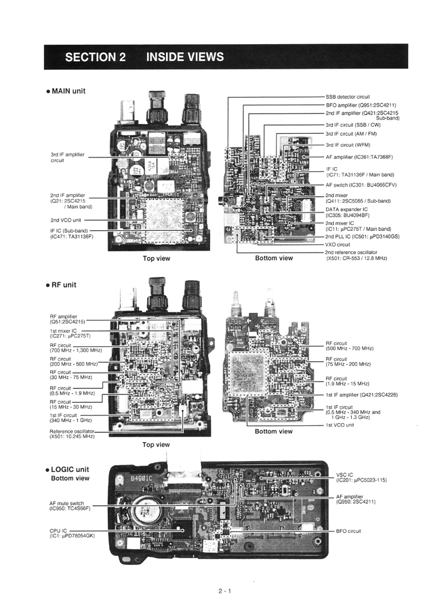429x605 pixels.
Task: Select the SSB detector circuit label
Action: click(x=348, y=97)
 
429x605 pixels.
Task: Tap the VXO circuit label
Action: click(x=337, y=244)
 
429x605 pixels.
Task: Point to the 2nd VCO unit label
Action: click(x=66, y=220)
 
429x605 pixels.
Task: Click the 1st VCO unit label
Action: click(x=340, y=425)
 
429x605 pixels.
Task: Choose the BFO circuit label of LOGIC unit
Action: click(x=348, y=531)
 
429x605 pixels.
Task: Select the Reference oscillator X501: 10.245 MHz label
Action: click(x=72, y=434)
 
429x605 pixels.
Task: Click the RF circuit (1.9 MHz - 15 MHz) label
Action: click(x=347, y=381)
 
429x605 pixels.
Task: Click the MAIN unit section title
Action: click(x=68, y=91)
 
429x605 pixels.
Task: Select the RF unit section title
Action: click(x=64, y=285)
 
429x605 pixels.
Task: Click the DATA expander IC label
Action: click(x=347, y=212)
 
